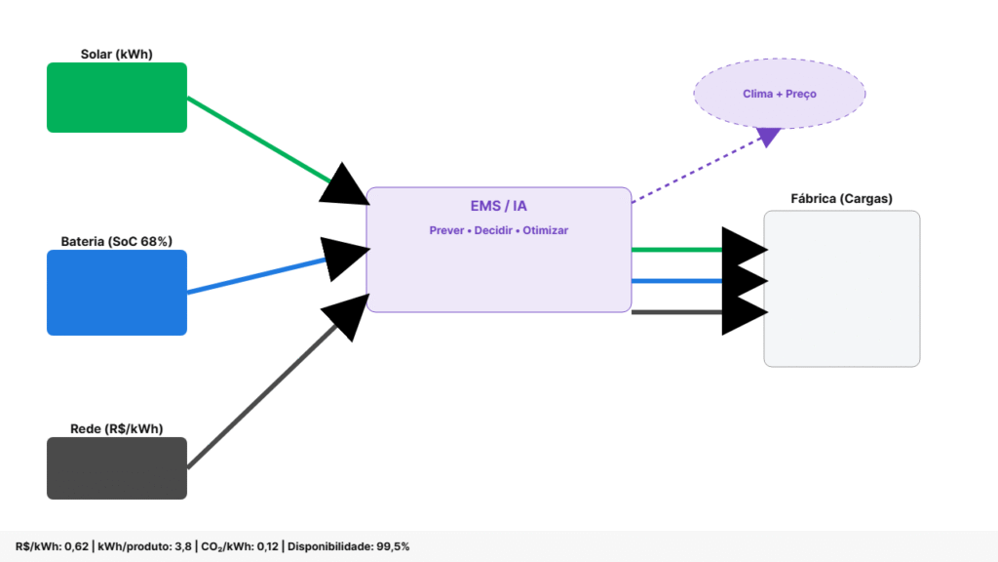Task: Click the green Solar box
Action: tap(117, 98)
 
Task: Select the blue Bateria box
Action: tap(117, 293)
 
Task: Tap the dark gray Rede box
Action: tap(117, 468)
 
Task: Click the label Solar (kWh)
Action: tap(117, 54)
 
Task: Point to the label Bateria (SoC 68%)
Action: tap(117, 241)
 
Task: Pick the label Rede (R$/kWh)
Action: tap(117, 428)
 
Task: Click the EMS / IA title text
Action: tap(498, 206)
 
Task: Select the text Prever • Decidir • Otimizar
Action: tap(498, 230)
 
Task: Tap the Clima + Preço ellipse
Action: tap(779, 94)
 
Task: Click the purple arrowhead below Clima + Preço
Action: tap(768, 137)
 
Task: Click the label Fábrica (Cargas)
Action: tap(841, 199)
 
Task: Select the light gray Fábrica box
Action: tap(841, 293)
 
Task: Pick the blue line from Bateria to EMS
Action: tap(253, 275)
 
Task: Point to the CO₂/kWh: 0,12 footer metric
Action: tap(240, 546)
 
